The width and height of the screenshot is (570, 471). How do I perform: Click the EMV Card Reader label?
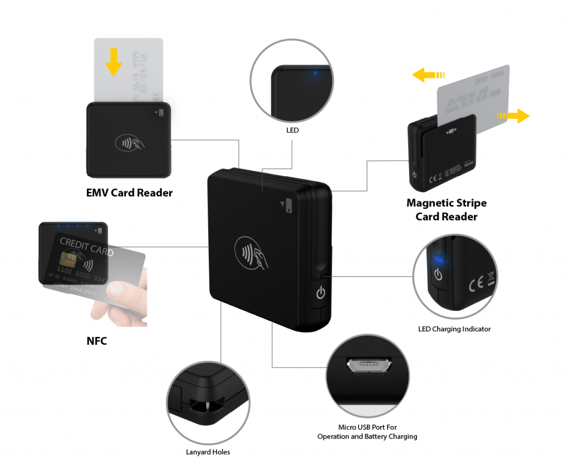click(x=129, y=193)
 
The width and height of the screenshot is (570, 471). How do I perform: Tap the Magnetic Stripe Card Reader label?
click(x=446, y=210)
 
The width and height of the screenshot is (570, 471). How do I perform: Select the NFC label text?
click(x=96, y=341)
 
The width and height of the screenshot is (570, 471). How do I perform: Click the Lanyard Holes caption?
click(x=208, y=452)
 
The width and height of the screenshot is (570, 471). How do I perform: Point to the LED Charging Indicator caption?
click(x=454, y=329)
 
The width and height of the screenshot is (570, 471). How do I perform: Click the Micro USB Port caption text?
click(x=367, y=432)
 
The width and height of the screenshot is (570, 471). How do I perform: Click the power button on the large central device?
click(x=320, y=292)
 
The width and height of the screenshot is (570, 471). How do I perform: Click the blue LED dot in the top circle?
click(x=315, y=73)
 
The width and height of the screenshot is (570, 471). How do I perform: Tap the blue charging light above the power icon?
click(x=438, y=259)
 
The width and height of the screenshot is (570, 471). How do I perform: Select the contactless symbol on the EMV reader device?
click(x=130, y=143)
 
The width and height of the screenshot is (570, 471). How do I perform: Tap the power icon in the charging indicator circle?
click(x=438, y=275)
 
